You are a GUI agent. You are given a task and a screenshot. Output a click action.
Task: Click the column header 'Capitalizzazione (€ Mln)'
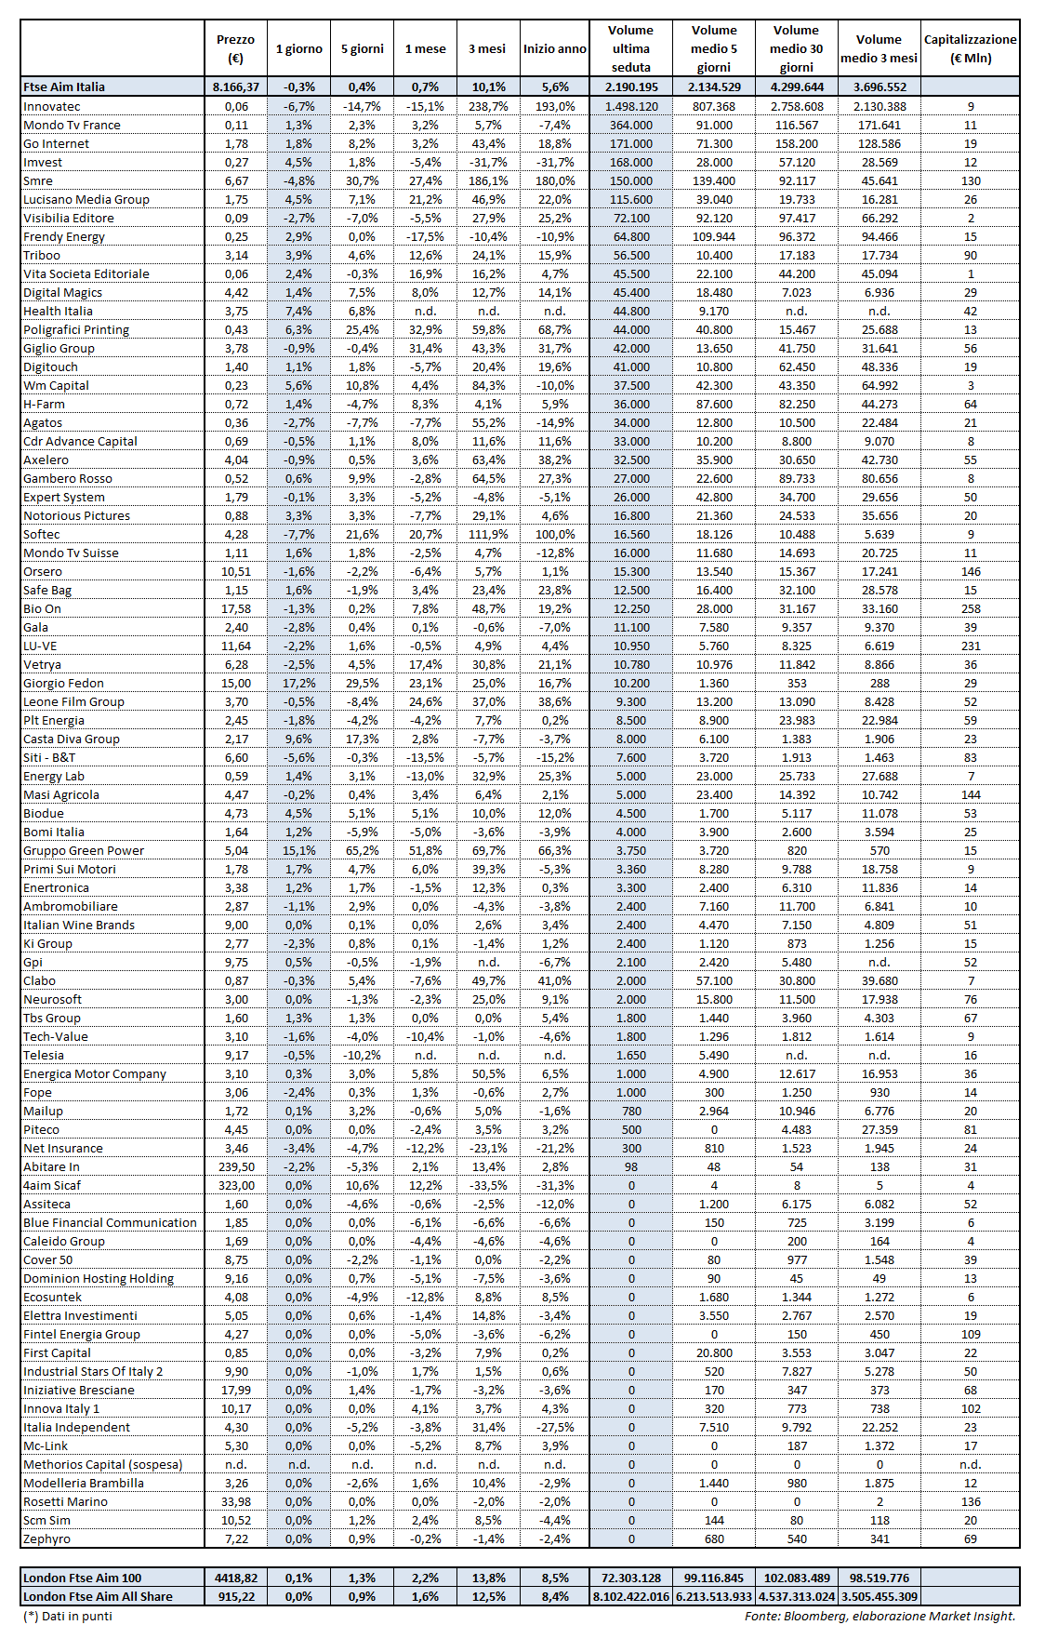tap(970, 48)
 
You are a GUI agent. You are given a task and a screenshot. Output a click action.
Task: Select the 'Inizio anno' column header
tap(554, 48)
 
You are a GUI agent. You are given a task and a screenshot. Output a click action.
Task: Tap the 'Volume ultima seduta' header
tap(631, 48)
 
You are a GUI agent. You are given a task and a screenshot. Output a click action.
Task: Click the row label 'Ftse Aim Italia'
tap(64, 87)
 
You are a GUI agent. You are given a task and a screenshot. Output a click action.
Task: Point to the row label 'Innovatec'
tap(52, 106)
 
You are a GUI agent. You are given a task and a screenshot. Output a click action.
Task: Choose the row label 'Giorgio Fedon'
tap(64, 683)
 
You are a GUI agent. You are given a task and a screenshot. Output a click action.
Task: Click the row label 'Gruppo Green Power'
tap(84, 850)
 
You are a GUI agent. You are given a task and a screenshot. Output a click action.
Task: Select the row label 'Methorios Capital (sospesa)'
tap(103, 1464)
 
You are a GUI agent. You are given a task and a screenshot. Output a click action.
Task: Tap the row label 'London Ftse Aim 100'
tap(83, 1578)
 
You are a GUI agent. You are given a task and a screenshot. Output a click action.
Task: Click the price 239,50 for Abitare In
tap(236, 1166)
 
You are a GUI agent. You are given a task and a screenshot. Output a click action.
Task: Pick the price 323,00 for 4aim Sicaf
tap(236, 1185)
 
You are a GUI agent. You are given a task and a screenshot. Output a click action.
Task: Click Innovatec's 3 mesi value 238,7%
tap(487, 106)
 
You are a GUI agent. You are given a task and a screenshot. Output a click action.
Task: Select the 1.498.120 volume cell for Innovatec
tap(631, 106)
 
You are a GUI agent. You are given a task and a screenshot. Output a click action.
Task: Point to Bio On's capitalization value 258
tap(971, 608)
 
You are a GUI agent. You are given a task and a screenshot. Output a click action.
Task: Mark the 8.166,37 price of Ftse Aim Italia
tap(236, 87)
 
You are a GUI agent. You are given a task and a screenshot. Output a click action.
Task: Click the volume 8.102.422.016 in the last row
tap(631, 1596)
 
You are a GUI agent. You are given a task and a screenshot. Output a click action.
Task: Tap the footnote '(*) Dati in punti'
tap(68, 1616)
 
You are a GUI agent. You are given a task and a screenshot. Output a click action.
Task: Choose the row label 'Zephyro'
tap(46, 1538)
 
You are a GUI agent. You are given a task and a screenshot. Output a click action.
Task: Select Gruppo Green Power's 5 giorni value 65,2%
tap(362, 850)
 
